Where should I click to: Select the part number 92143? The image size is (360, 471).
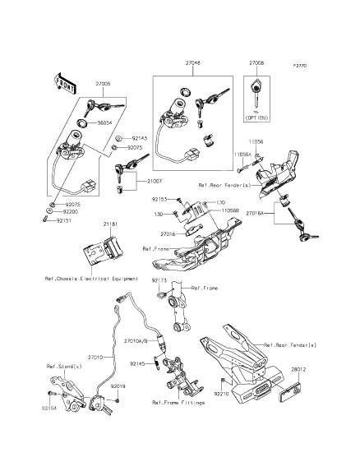click(x=139, y=138)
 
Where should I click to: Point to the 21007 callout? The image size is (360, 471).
click(x=155, y=179)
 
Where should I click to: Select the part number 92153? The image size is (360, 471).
click(x=159, y=199)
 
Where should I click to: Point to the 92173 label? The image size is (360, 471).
click(x=159, y=282)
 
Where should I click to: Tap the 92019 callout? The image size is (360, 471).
click(x=119, y=386)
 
